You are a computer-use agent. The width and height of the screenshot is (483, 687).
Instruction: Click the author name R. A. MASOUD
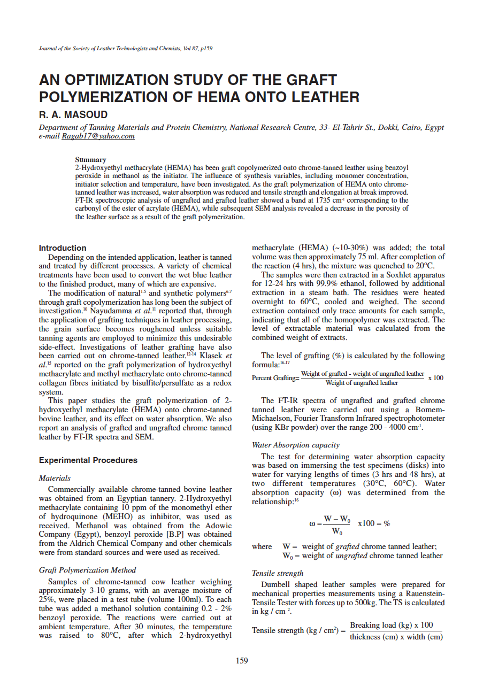73,114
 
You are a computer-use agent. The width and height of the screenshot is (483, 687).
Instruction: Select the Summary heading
90,159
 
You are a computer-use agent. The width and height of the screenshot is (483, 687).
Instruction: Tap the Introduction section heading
63,248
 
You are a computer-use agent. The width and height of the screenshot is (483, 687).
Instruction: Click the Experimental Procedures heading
88,460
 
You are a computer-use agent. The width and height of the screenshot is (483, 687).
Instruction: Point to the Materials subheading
55,478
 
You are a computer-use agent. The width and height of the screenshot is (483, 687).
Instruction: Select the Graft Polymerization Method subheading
88,570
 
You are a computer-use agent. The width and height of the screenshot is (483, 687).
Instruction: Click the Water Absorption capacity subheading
295,445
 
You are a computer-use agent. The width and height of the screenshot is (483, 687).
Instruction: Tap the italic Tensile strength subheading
277,573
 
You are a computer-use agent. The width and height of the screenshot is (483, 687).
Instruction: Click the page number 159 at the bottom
242,661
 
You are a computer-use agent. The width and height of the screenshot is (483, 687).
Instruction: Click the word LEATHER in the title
320,97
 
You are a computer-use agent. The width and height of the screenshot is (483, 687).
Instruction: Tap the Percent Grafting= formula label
275,378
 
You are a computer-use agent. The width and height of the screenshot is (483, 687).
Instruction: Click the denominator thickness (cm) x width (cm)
396,637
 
